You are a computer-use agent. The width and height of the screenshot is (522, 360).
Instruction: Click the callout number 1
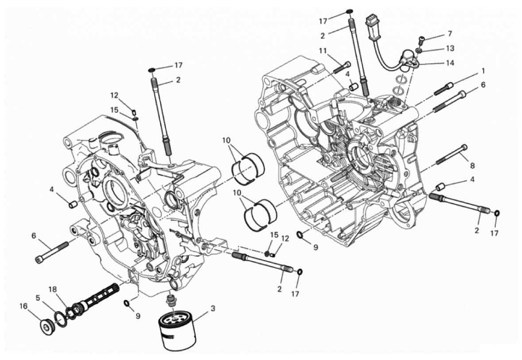point(483,70)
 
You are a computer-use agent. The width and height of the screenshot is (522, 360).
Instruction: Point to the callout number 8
point(472,166)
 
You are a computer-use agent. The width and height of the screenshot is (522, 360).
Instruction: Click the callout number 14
point(450,63)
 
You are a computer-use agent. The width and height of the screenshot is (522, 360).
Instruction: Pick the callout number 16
point(23,305)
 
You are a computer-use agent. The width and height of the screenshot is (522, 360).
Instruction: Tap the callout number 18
point(53,289)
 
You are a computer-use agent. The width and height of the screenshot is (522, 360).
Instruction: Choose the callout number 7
point(450,33)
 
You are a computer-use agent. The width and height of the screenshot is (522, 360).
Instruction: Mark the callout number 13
point(450,48)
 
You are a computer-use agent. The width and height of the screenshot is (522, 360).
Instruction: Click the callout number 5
point(38,298)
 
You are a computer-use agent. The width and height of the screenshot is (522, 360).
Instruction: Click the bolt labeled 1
point(444,88)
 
